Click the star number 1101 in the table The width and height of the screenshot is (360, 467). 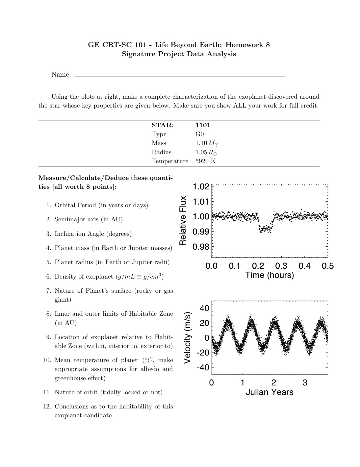pos(203,125)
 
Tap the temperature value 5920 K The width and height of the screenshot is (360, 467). pos(205,161)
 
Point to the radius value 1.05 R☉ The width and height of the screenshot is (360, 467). pos(206,152)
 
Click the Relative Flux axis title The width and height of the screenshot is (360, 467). pos(183,221)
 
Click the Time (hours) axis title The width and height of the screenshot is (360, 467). pos(269,275)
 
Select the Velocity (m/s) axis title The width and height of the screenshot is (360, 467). pos(187,337)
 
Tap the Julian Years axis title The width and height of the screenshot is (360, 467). pos(269,392)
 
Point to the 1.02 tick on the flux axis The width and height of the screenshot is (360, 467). pos(201,187)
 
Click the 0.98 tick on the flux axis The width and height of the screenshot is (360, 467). pos(201,247)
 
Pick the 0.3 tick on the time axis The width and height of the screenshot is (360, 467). pos(281,266)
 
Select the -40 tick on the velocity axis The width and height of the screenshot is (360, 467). pos(203,367)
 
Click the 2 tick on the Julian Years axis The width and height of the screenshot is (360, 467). pos(273,383)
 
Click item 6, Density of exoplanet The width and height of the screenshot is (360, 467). pos(109,277)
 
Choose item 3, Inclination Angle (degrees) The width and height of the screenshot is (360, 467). pos(93,234)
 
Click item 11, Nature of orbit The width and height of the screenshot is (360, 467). pos(108,392)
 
